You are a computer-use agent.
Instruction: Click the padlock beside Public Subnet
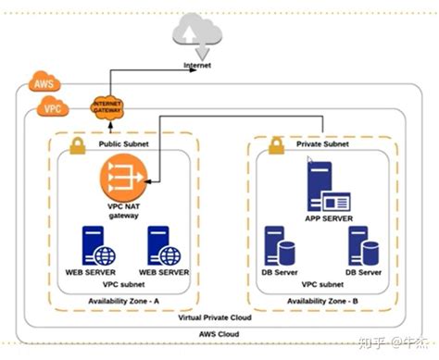click(x=79, y=144)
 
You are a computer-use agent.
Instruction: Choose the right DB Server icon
click(x=362, y=246)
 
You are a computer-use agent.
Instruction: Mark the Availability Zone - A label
click(x=124, y=301)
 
